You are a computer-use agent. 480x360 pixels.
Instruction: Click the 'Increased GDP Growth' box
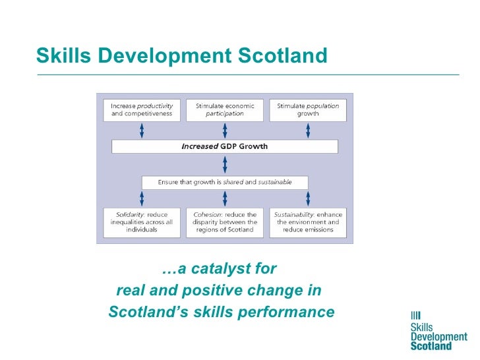pyautogui.click(x=225, y=146)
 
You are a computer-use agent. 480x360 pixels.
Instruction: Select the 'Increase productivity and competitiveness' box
pyautogui.click(x=142, y=110)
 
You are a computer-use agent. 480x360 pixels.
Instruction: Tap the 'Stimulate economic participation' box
pyautogui.click(x=225, y=110)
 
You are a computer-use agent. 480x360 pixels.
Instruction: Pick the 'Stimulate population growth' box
pyautogui.click(x=308, y=110)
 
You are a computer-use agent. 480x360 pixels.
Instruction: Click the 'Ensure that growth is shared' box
pyautogui.click(x=225, y=182)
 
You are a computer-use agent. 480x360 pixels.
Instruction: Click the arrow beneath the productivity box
pyautogui.click(x=142, y=130)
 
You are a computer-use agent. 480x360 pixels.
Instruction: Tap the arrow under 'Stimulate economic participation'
pyautogui.click(x=225, y=130)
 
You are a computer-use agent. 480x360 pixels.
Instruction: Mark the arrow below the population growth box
pyautogui.click(x=308, y=130)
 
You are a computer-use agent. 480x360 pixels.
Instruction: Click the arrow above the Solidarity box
pyautogui.click(x=142, y=199)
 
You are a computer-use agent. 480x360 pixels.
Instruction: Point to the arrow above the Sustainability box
pyautogui.click(x=308, y=199)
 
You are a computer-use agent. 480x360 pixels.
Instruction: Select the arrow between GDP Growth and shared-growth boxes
pyautogui.click(x=225, y=164)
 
